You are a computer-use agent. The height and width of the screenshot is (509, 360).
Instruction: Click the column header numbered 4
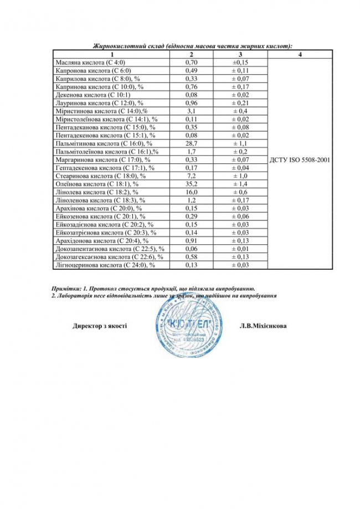[300, 54]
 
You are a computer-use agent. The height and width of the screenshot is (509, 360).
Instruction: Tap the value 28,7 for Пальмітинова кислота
[191, 143]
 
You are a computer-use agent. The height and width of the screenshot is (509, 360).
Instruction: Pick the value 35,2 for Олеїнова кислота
[191, 183]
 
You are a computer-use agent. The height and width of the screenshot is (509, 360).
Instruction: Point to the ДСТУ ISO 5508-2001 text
[300, 160]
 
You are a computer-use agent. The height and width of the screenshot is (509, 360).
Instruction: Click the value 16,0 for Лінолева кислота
[191, 192]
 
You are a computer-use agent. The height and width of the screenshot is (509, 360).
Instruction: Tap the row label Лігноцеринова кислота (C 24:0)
[105, 265]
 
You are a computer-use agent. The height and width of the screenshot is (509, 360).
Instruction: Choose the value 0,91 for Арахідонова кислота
[191, 240]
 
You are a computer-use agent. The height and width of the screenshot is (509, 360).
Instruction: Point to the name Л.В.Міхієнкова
[263, 326]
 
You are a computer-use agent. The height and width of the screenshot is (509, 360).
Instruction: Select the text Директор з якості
[100, 326]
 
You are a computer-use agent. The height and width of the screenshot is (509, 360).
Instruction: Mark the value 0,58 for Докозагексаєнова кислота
[191, 256]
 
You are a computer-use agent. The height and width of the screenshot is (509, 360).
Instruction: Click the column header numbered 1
[112, 54]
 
